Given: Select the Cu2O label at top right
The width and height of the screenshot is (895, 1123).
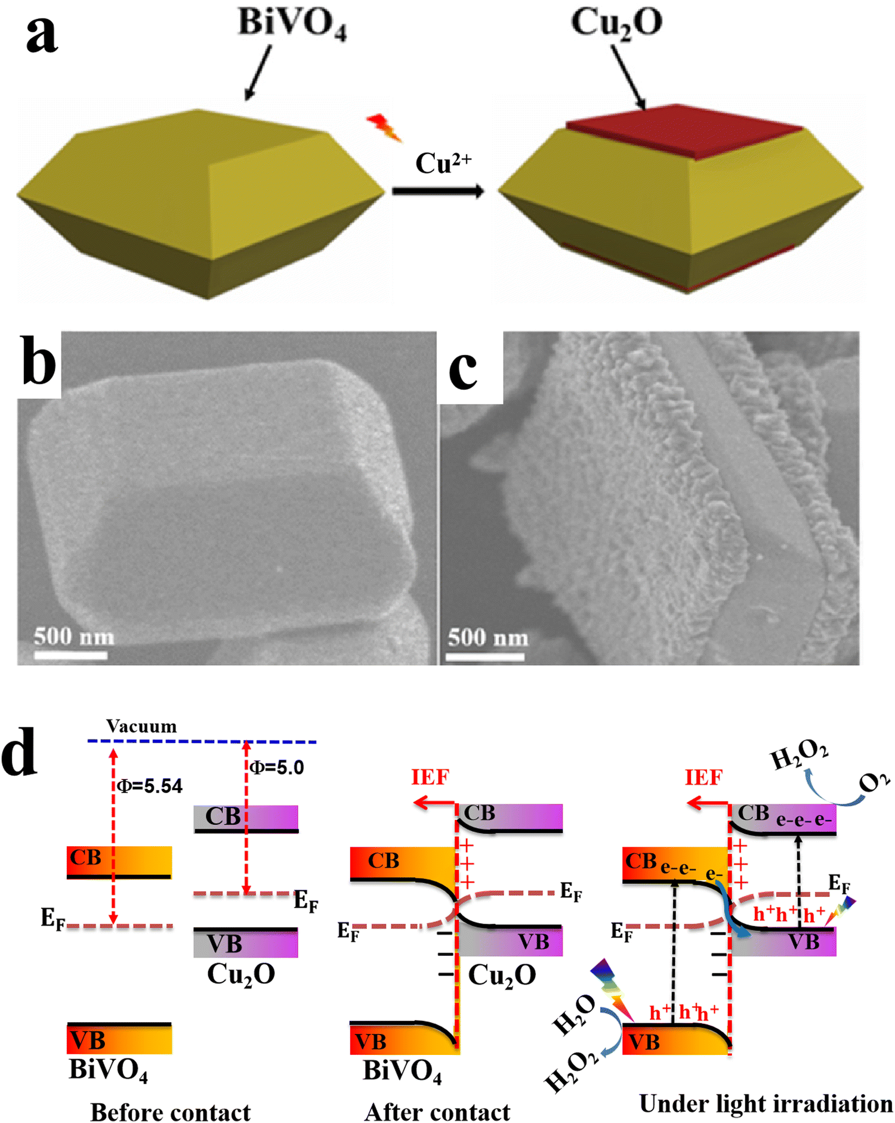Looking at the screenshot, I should [x=616, y=23].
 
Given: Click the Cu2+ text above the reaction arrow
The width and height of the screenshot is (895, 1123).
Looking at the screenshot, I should [x=443, y=163].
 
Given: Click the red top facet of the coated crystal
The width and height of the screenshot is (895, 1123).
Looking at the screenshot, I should [x=684, y=131].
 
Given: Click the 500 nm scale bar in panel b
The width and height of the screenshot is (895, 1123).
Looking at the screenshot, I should [x=71, y=655].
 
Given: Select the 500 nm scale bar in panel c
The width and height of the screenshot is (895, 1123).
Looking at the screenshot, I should [x=485, y=656].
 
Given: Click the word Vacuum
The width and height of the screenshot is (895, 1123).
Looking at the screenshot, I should [x=141, y=726].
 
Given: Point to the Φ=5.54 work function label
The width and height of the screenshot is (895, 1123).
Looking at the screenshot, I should [x=150, y=786].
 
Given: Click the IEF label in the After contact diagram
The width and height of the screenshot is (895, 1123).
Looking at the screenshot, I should [x=430, y=777].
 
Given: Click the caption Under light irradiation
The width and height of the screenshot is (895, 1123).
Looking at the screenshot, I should [x=766, y=1103].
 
